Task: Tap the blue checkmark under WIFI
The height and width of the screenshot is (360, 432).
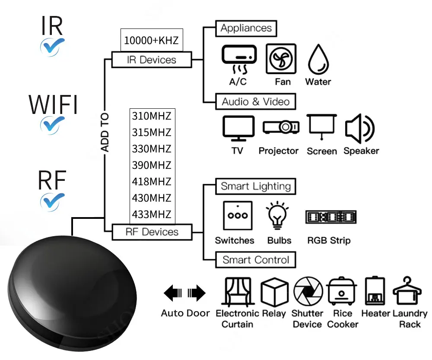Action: coord(52,124)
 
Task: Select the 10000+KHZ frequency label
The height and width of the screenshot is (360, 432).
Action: coord(151,40)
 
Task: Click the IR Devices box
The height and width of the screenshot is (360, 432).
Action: coord(151,60)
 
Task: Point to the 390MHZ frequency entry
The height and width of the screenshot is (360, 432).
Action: coord(151,165)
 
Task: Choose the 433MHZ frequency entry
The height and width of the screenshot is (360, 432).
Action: coord(151,214)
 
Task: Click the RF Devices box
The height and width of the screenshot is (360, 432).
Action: coord(152,232)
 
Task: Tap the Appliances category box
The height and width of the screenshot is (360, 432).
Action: coord(246,28)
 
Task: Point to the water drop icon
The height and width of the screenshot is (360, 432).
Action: coord(318,60)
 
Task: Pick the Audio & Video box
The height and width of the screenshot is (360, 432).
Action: coord(255,102)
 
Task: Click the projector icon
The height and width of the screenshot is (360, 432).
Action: coord(281,127)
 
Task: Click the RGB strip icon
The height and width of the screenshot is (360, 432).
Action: coord(330,217)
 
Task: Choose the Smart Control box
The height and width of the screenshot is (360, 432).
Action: coord(256,260)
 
